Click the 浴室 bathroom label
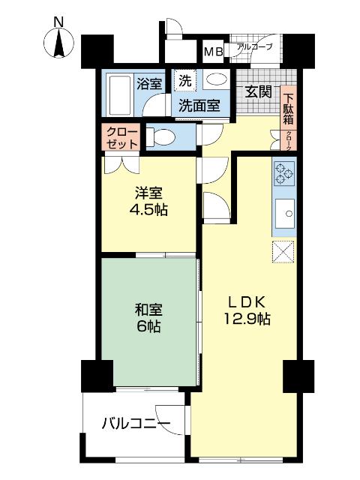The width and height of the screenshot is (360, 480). coord(148,82)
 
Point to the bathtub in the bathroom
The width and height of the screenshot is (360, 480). coord(116,93)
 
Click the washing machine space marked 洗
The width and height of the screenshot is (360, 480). coord(184,78)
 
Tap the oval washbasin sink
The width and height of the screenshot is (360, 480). coord(216,79)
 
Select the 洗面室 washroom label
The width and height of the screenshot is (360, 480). coord(199,106)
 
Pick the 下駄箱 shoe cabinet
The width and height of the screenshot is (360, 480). coord(288,105)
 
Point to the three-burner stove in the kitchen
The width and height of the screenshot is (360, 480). coord(284,175)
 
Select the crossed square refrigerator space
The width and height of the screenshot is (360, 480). coord(284,253)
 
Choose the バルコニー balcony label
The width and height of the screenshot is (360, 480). coord(136,424)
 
